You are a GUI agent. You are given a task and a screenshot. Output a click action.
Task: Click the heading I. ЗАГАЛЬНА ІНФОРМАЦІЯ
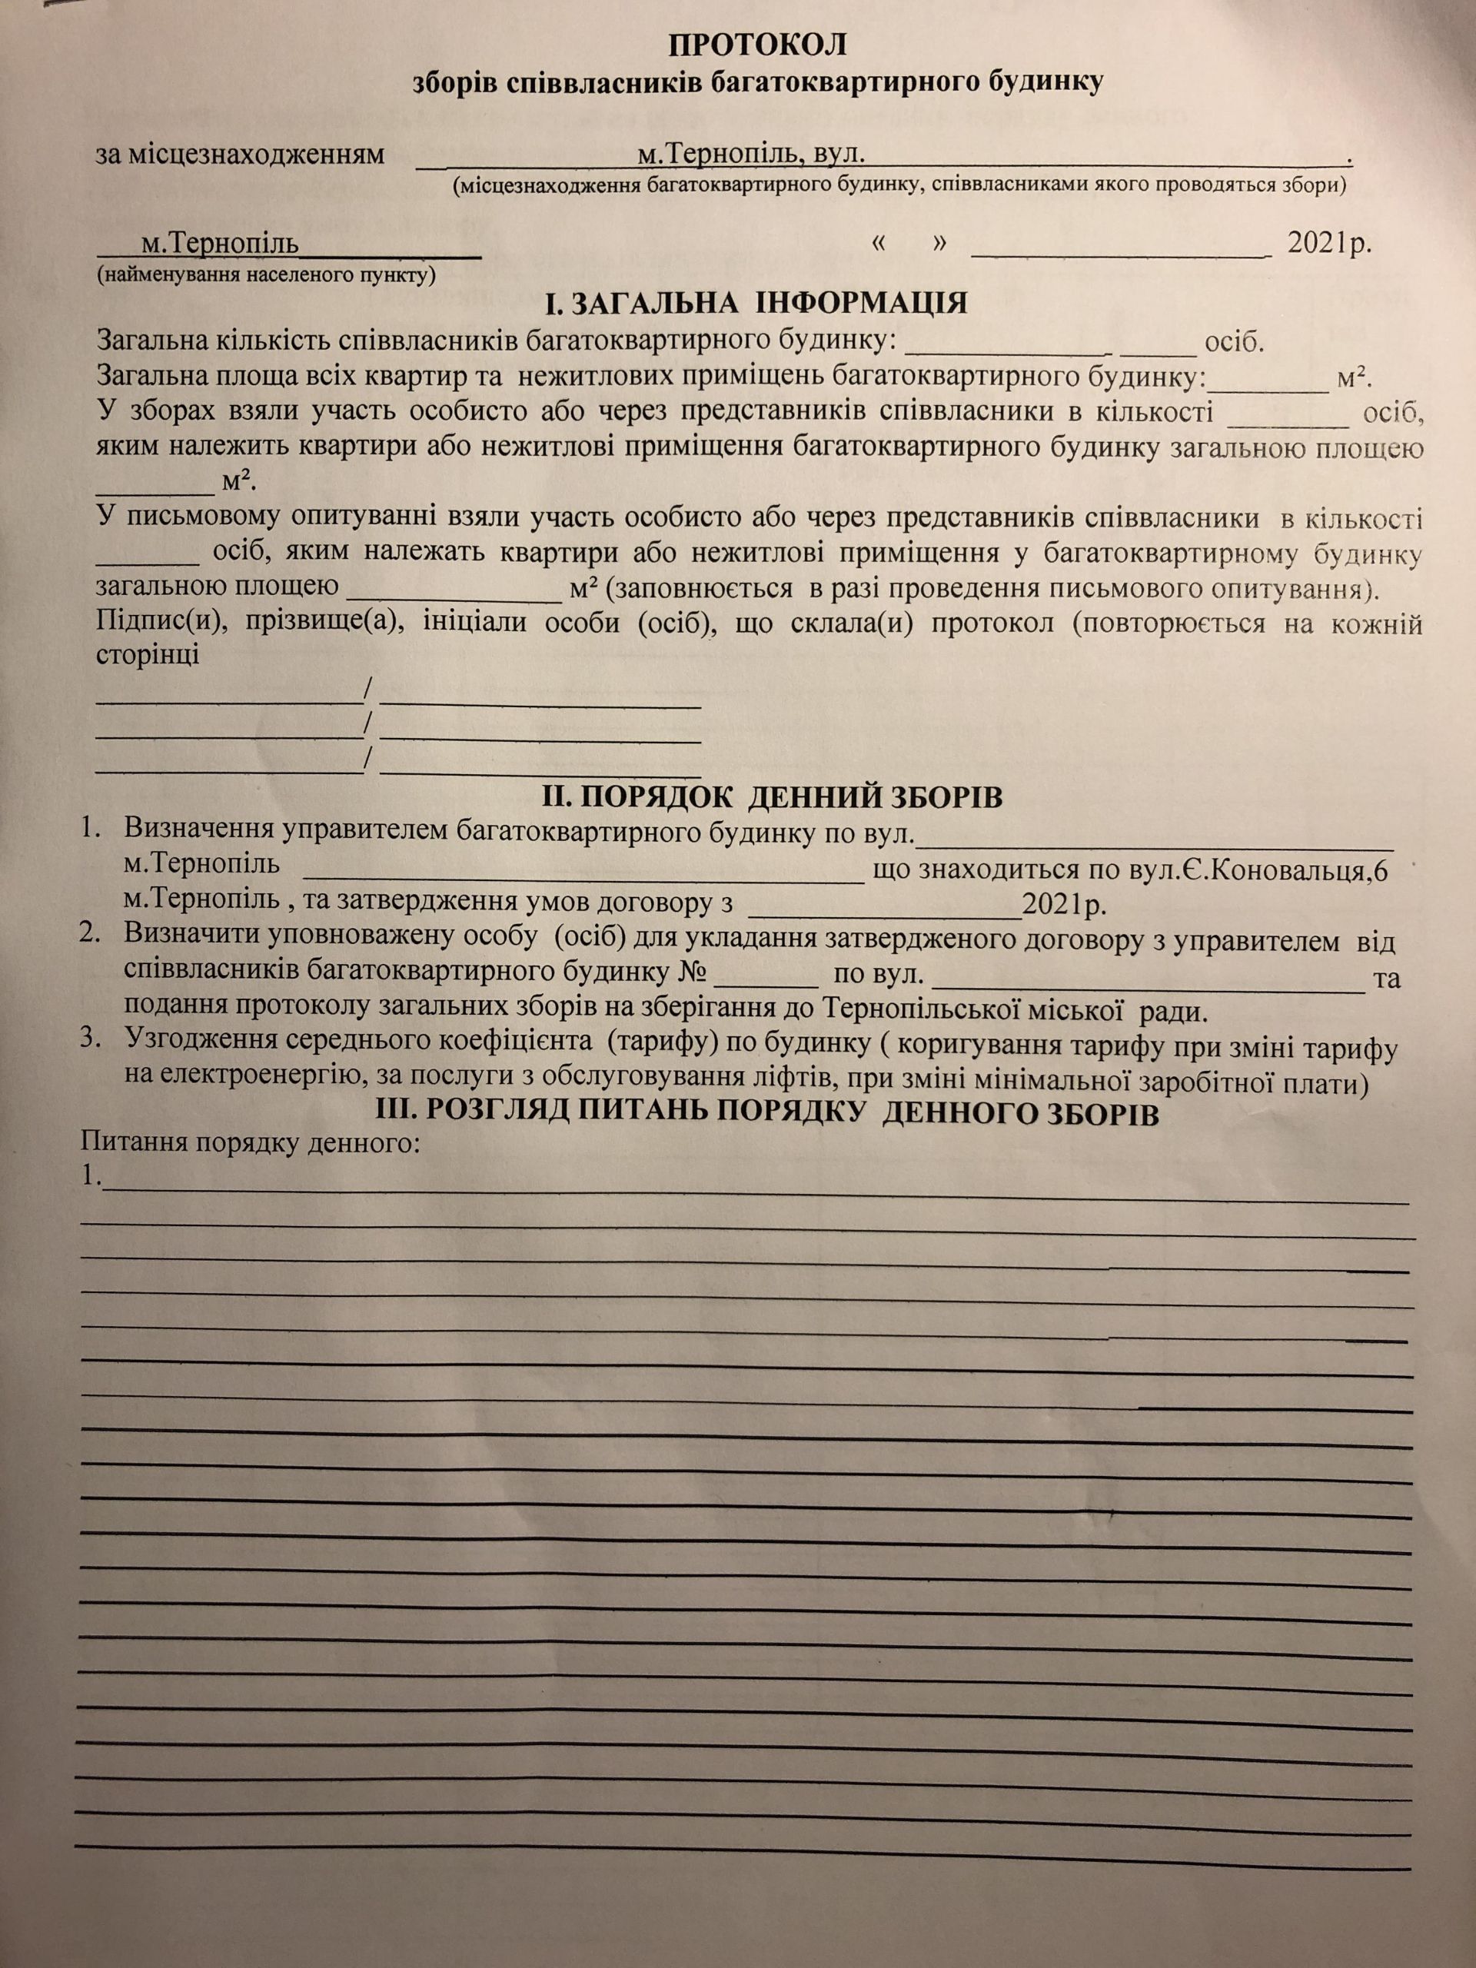(756, 304)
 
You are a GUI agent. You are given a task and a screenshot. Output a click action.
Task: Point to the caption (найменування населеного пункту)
(267, 275)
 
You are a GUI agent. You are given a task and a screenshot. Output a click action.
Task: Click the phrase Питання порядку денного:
(249, 1142)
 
